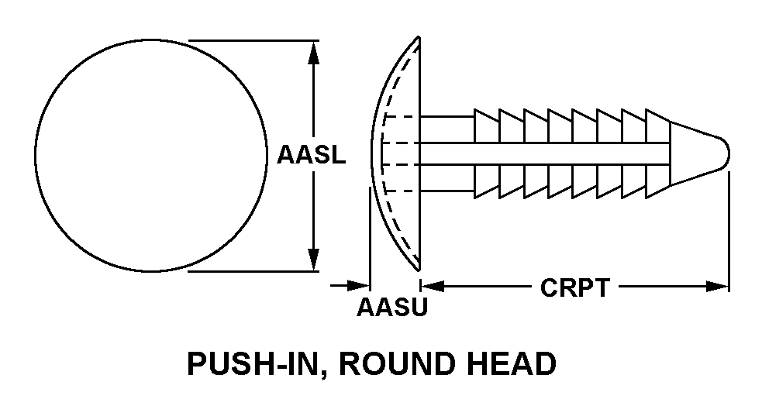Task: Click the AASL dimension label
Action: [312, 156]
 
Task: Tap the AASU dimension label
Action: [392, 308]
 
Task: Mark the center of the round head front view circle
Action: [152, 156]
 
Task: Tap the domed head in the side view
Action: [397, 155]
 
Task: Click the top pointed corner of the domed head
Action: [419, 38]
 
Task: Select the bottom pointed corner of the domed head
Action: [419, 269]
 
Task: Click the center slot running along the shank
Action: [543, 153]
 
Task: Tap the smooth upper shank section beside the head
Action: [447, 129]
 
